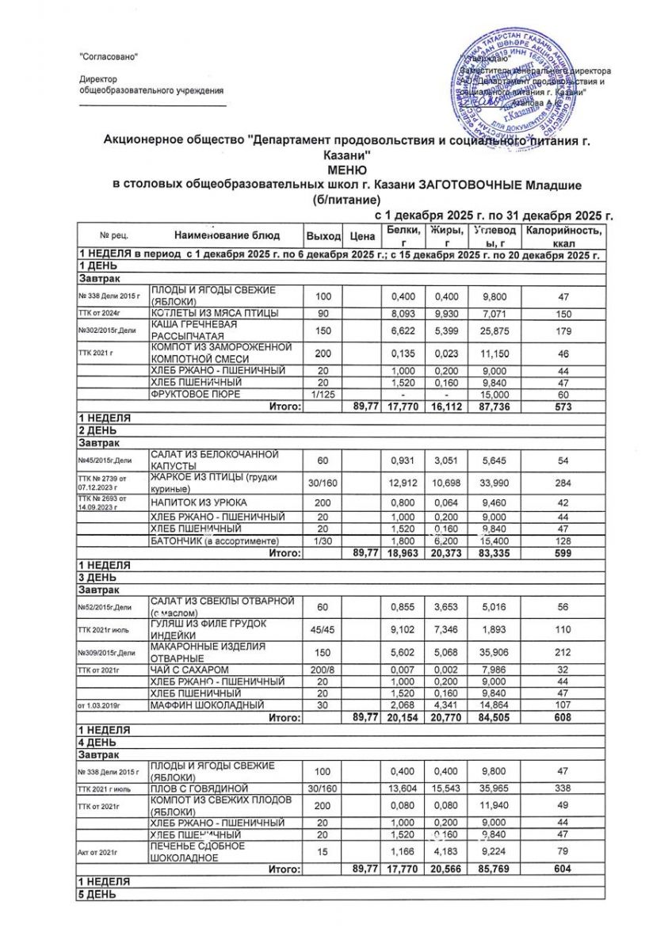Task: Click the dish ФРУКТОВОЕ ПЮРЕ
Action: [x=188, y=393]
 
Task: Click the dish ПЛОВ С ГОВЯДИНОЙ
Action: [x=200, y=789]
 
